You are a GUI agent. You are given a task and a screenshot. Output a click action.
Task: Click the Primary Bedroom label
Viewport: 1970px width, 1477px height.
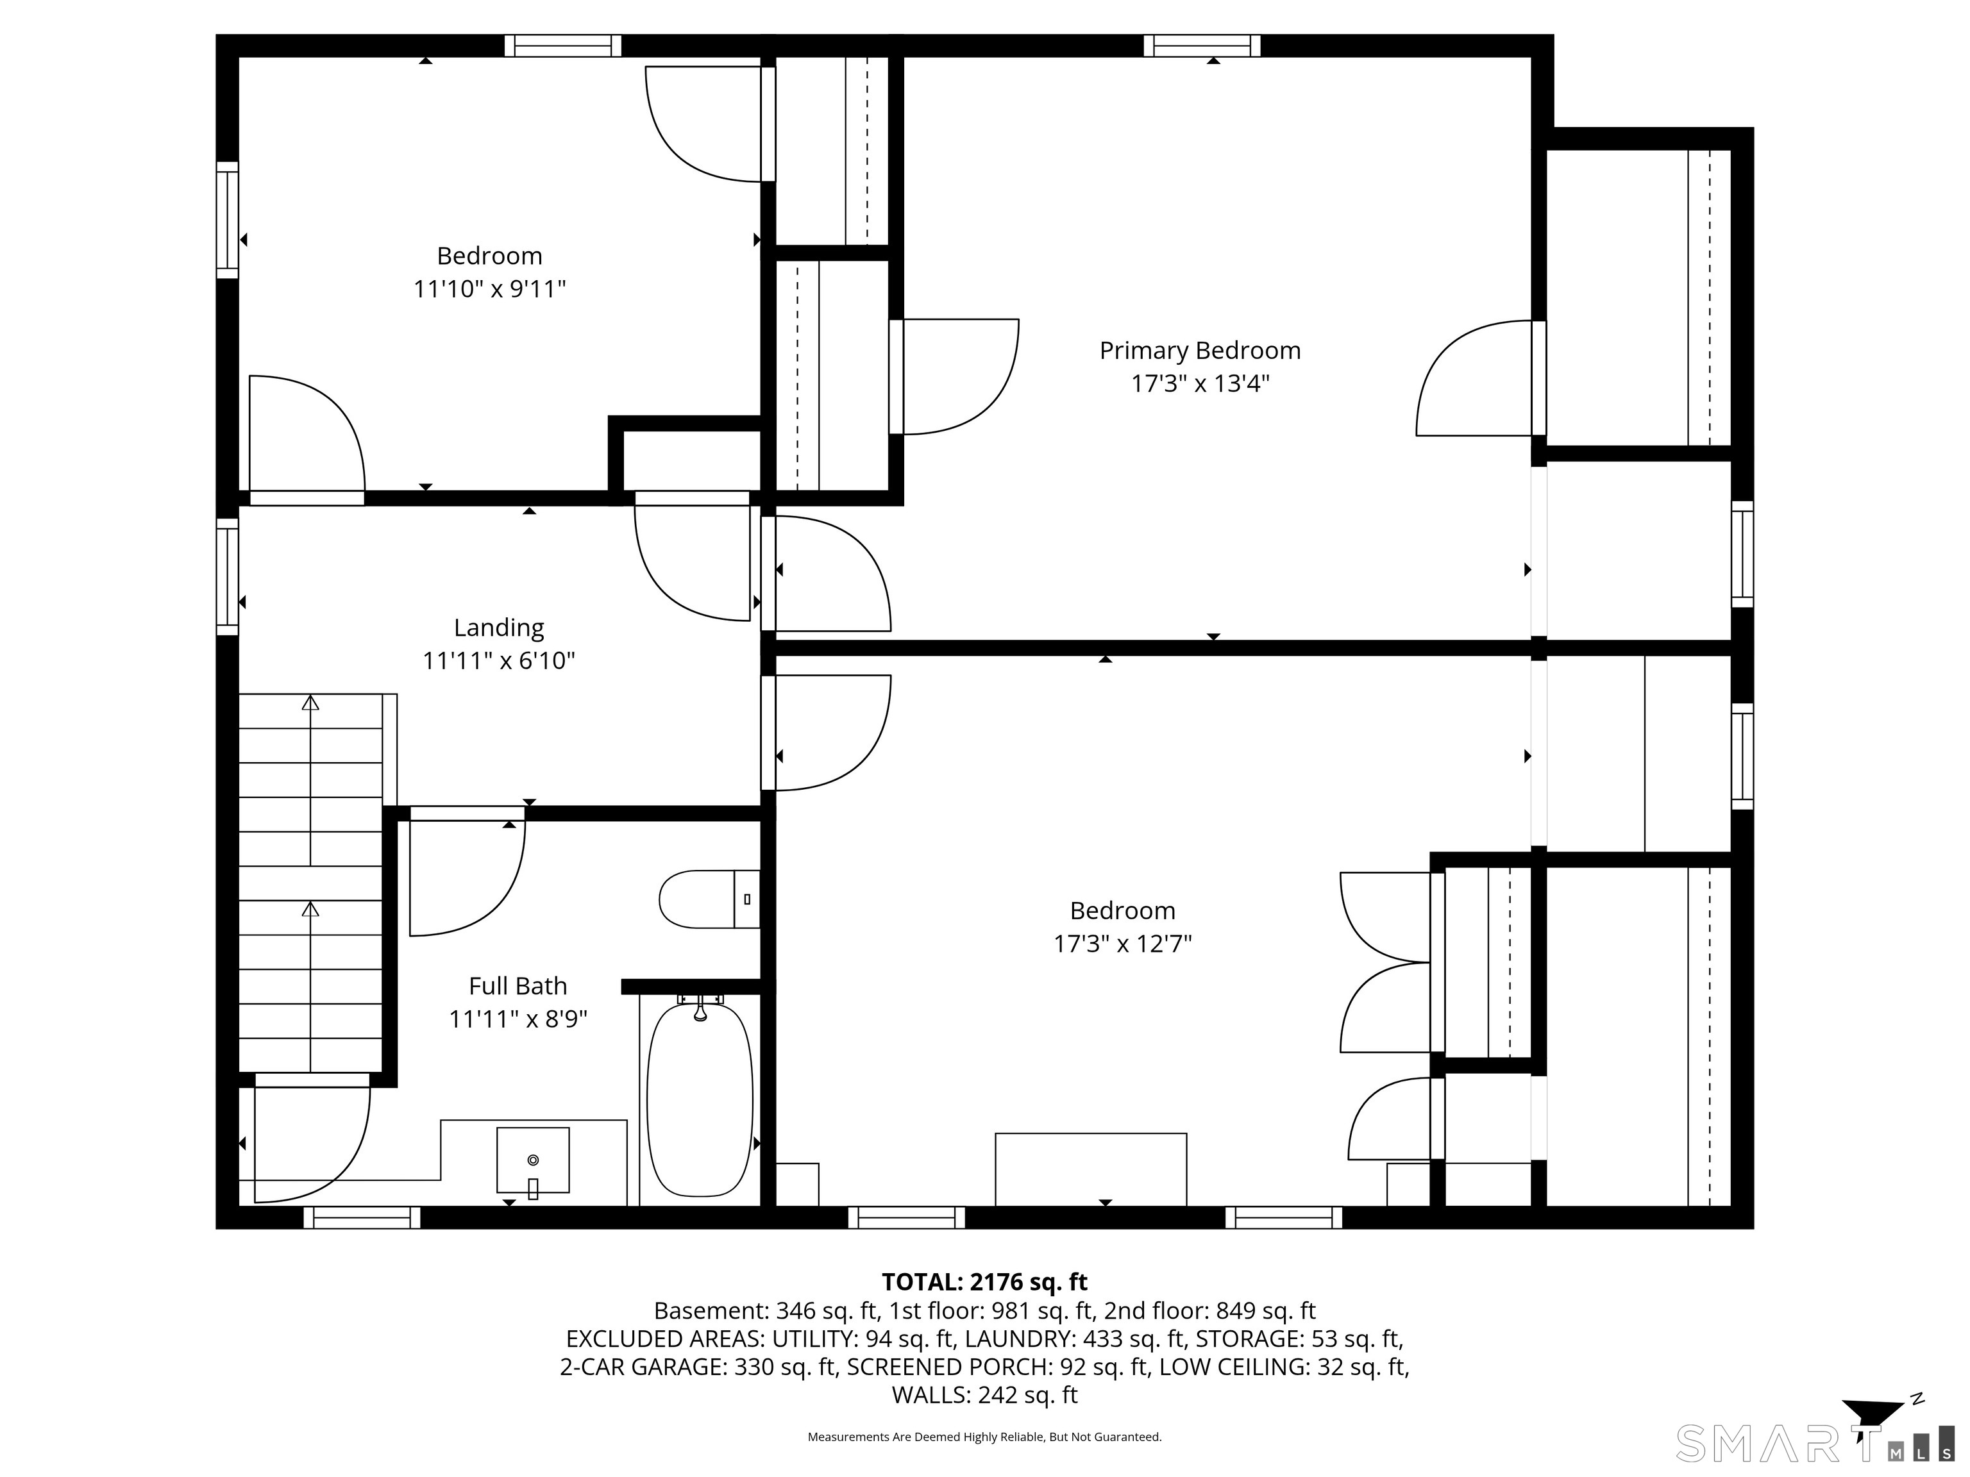[1200, 351]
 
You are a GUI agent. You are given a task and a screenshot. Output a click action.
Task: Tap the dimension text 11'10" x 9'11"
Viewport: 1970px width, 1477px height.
[490, 289]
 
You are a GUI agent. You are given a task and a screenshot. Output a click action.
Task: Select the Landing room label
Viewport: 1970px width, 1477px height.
[499, 628]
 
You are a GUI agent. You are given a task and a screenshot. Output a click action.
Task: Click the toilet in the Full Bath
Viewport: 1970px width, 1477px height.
[707, 899]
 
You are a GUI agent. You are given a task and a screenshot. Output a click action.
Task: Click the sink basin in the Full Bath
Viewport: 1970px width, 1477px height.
[532, 1159]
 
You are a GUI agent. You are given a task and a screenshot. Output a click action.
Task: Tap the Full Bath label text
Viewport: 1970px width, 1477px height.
[518, 987]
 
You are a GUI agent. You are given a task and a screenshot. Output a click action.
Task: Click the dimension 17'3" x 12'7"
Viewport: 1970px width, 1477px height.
[1122, 944]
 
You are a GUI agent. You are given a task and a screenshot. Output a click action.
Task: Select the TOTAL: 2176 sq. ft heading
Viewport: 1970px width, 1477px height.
[984, 1282]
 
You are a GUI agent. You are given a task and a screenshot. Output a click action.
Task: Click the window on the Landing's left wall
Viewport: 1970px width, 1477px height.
[228, 576]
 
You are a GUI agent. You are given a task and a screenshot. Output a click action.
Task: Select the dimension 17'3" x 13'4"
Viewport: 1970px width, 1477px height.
[1200, 384]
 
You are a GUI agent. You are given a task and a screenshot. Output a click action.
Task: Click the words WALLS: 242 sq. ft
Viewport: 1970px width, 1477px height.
[984, 1395]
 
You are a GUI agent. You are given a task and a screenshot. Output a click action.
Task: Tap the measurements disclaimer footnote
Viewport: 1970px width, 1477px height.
[984, 1437]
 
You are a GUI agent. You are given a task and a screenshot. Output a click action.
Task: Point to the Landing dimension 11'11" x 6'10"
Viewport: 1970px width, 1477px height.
[499, 660]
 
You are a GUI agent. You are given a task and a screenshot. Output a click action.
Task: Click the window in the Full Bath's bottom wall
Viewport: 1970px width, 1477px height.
[362, 1217]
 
